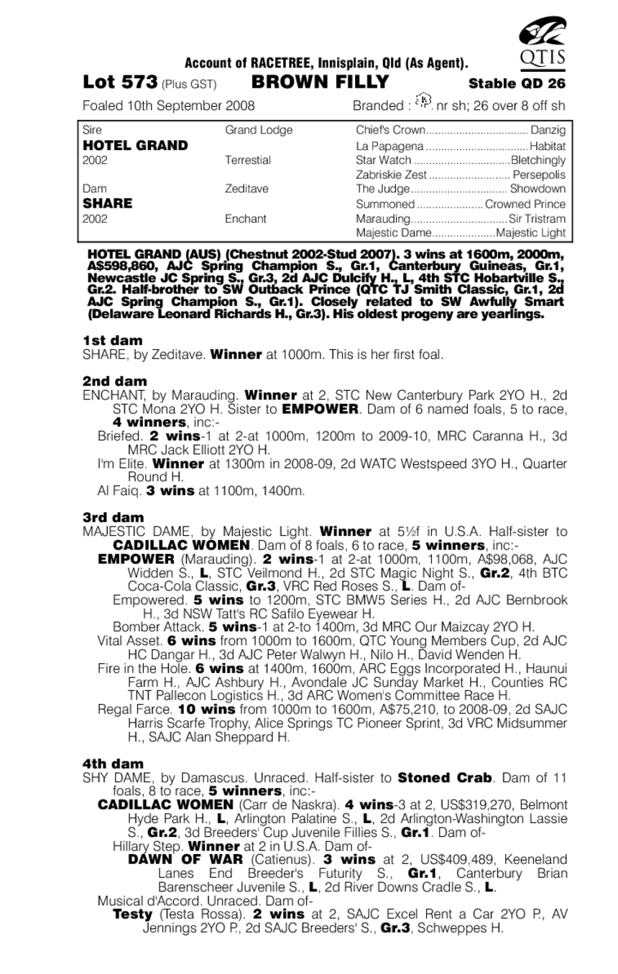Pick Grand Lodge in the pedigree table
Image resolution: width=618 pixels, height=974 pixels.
[249, 131]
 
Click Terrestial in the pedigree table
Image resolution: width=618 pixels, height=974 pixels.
[248, 160]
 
